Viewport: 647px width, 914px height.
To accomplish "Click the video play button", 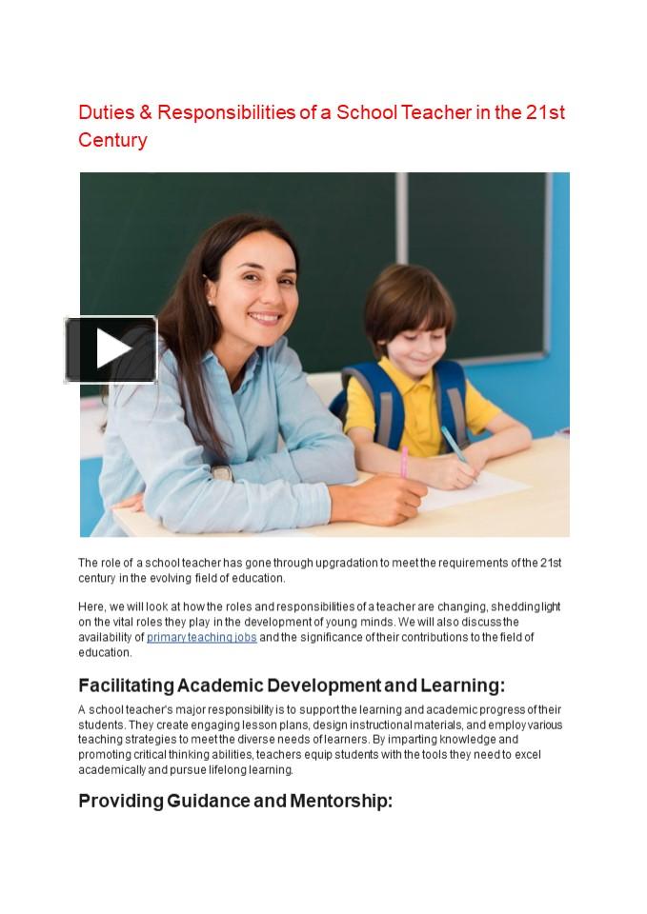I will (111, 349).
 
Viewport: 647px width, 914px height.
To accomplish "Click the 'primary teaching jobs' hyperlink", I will (201, 637).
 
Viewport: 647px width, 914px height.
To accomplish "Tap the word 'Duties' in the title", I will (106, 112).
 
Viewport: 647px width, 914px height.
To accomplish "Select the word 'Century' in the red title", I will (112, 140).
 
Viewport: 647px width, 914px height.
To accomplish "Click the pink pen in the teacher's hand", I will (404, 463).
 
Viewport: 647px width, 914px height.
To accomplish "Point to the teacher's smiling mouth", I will (264, 318).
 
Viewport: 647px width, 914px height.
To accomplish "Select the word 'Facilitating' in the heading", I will (126, 685).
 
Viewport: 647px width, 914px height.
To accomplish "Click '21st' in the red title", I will (545, 112).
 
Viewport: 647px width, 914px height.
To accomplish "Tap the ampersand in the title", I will (146, 112).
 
